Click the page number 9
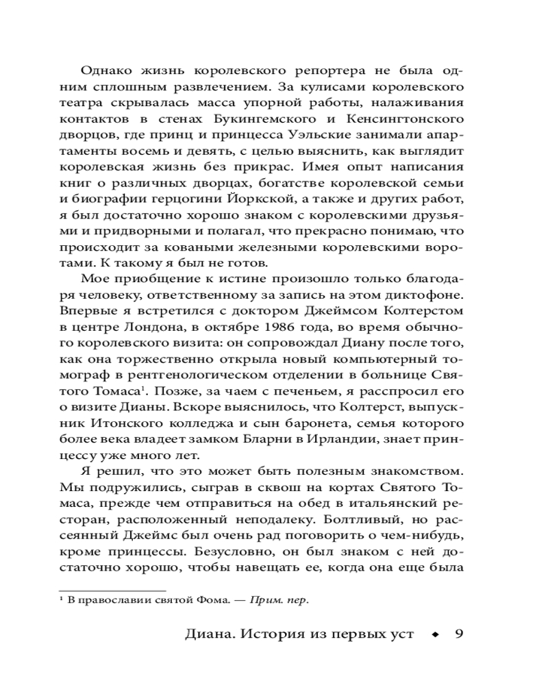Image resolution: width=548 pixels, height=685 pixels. tap(460, 634)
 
